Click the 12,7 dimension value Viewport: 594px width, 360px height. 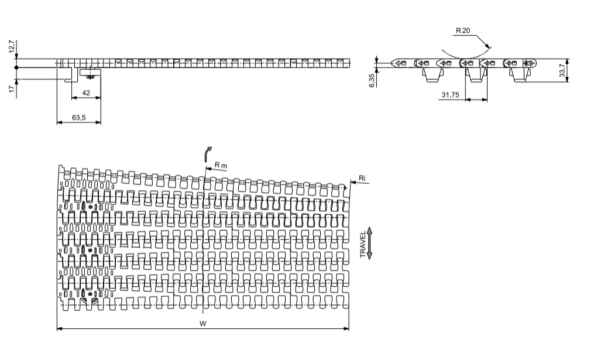[12, 46]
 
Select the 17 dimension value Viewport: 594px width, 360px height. [12, 88]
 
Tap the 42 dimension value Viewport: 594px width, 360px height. [86, 92]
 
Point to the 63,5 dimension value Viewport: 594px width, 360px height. [79, 118]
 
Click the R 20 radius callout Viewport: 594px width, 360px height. [463, 30]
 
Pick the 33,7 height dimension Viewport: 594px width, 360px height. [562, 70]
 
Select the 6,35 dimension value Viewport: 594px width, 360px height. [372, 80]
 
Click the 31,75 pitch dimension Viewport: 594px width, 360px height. [450, 95]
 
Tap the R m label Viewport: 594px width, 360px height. [221, 165]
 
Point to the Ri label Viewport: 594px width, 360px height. [362, 178]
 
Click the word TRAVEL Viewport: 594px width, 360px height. [363, 245]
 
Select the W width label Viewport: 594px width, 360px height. [203, 324]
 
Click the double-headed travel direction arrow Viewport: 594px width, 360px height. [370, 244]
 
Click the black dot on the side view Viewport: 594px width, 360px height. [16, 68]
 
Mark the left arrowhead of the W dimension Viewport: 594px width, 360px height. [60, 328]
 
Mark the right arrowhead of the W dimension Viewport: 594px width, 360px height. [346, 328]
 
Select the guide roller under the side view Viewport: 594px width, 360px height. [90, 73]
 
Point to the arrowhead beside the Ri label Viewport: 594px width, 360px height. [353, 183]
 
